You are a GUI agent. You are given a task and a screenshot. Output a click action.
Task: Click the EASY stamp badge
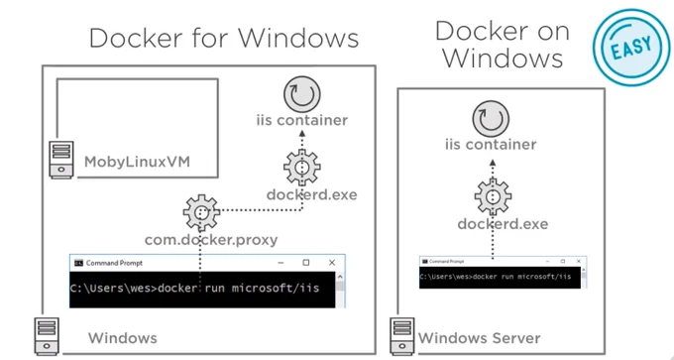pos(630,47)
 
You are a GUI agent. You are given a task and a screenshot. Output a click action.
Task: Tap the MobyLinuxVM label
pos(137,163)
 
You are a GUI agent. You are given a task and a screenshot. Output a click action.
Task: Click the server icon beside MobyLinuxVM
pos(61,160)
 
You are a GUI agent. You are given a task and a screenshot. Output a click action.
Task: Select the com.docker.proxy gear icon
pos(201,213)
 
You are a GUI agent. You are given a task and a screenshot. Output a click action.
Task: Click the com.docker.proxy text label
pos(211,240)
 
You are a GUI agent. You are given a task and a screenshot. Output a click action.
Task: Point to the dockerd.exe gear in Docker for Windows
pos(302,168)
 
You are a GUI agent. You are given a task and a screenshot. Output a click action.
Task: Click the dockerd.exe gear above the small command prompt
pos(493,196)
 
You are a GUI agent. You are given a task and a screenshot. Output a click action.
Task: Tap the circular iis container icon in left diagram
pos(302,94)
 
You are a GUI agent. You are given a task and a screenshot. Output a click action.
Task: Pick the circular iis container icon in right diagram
pos(491,119)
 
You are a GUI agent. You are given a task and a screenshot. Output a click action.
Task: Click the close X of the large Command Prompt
pos(331,263)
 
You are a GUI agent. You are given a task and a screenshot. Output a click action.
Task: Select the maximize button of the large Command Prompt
pos(306,263)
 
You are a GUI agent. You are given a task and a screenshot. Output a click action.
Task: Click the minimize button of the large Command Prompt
pos(281,263)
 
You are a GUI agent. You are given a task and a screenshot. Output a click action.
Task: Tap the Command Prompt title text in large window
pos(114,263)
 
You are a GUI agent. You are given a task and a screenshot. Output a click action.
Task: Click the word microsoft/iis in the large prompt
pos(276,288)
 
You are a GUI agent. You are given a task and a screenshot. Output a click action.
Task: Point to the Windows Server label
pos(480,338)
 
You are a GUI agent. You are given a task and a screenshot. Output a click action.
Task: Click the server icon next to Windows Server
pos(402,336)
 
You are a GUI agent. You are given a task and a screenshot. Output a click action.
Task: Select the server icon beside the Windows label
pos(47,336)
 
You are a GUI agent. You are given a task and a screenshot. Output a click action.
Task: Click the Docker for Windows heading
pos(224,38)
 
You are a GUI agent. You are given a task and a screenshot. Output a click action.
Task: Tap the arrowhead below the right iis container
pos(493,163)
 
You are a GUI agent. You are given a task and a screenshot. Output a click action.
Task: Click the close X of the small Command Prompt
pos(579,261)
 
